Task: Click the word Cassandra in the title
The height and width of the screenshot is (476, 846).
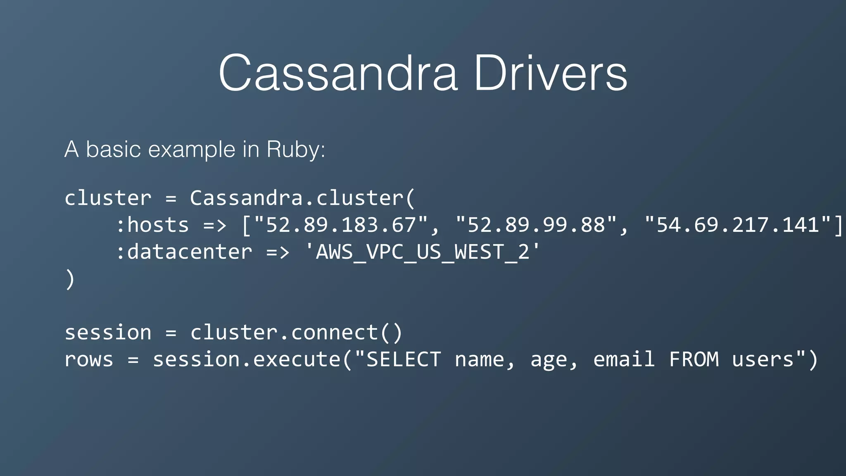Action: tap(338, 73)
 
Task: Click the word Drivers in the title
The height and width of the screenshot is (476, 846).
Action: tap(550, 73)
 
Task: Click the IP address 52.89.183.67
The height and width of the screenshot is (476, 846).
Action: tap(340, 225)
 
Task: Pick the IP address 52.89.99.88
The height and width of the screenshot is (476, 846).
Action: tap(536, 225)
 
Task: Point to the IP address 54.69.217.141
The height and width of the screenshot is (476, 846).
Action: tap(738, 225)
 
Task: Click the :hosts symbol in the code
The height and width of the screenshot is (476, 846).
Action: tap(152, 225)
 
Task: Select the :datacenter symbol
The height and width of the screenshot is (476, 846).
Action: tap(184, 252)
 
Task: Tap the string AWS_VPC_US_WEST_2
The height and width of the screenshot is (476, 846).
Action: tap(422, 252)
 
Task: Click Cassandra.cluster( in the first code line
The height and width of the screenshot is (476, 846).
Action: tap(302, 198)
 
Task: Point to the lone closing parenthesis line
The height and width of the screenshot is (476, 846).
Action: tap(70, 279)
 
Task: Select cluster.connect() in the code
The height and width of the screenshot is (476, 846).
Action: tap(296, 333)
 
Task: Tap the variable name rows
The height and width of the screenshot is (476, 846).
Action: tap(89, 359)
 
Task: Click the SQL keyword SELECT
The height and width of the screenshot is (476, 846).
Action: tap(404, 359)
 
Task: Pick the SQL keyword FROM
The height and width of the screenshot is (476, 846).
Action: tap(694, 359)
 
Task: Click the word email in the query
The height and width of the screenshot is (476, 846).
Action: tap(624, 359)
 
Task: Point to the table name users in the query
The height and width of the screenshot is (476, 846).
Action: tap(763, 359)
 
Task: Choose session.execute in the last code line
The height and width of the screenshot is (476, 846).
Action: tap(247, 359)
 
